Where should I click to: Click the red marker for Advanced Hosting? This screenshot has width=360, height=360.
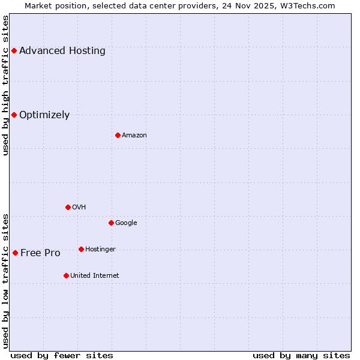(14, 50)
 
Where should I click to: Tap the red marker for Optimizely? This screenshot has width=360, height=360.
(14, 115)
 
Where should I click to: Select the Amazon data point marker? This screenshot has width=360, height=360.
(118, 135)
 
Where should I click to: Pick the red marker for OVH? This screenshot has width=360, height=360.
(68, 207)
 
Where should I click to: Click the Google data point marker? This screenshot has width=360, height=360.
(111, 223)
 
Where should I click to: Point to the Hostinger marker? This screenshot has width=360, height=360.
(81, 249)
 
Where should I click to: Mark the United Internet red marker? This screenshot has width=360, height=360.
(66, 275)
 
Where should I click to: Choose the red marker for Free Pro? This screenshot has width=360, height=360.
(15, 253)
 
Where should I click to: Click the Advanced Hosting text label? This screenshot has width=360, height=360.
(62, 50)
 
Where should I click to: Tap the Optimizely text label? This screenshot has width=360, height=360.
(44, 115)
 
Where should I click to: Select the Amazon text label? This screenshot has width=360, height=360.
(134, 135)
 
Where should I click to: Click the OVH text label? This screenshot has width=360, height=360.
(79, 207)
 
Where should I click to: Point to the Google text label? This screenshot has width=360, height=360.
(126, 223)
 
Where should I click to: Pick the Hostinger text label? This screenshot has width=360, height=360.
(100, 249)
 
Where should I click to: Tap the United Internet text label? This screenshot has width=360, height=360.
(95, 275)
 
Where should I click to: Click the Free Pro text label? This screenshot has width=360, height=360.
(40, 253)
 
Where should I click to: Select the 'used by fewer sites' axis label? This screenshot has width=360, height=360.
(62, 355)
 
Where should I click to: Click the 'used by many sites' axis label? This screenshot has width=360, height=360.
(301, 355)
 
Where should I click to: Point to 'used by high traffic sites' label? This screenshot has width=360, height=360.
(6, 85)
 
